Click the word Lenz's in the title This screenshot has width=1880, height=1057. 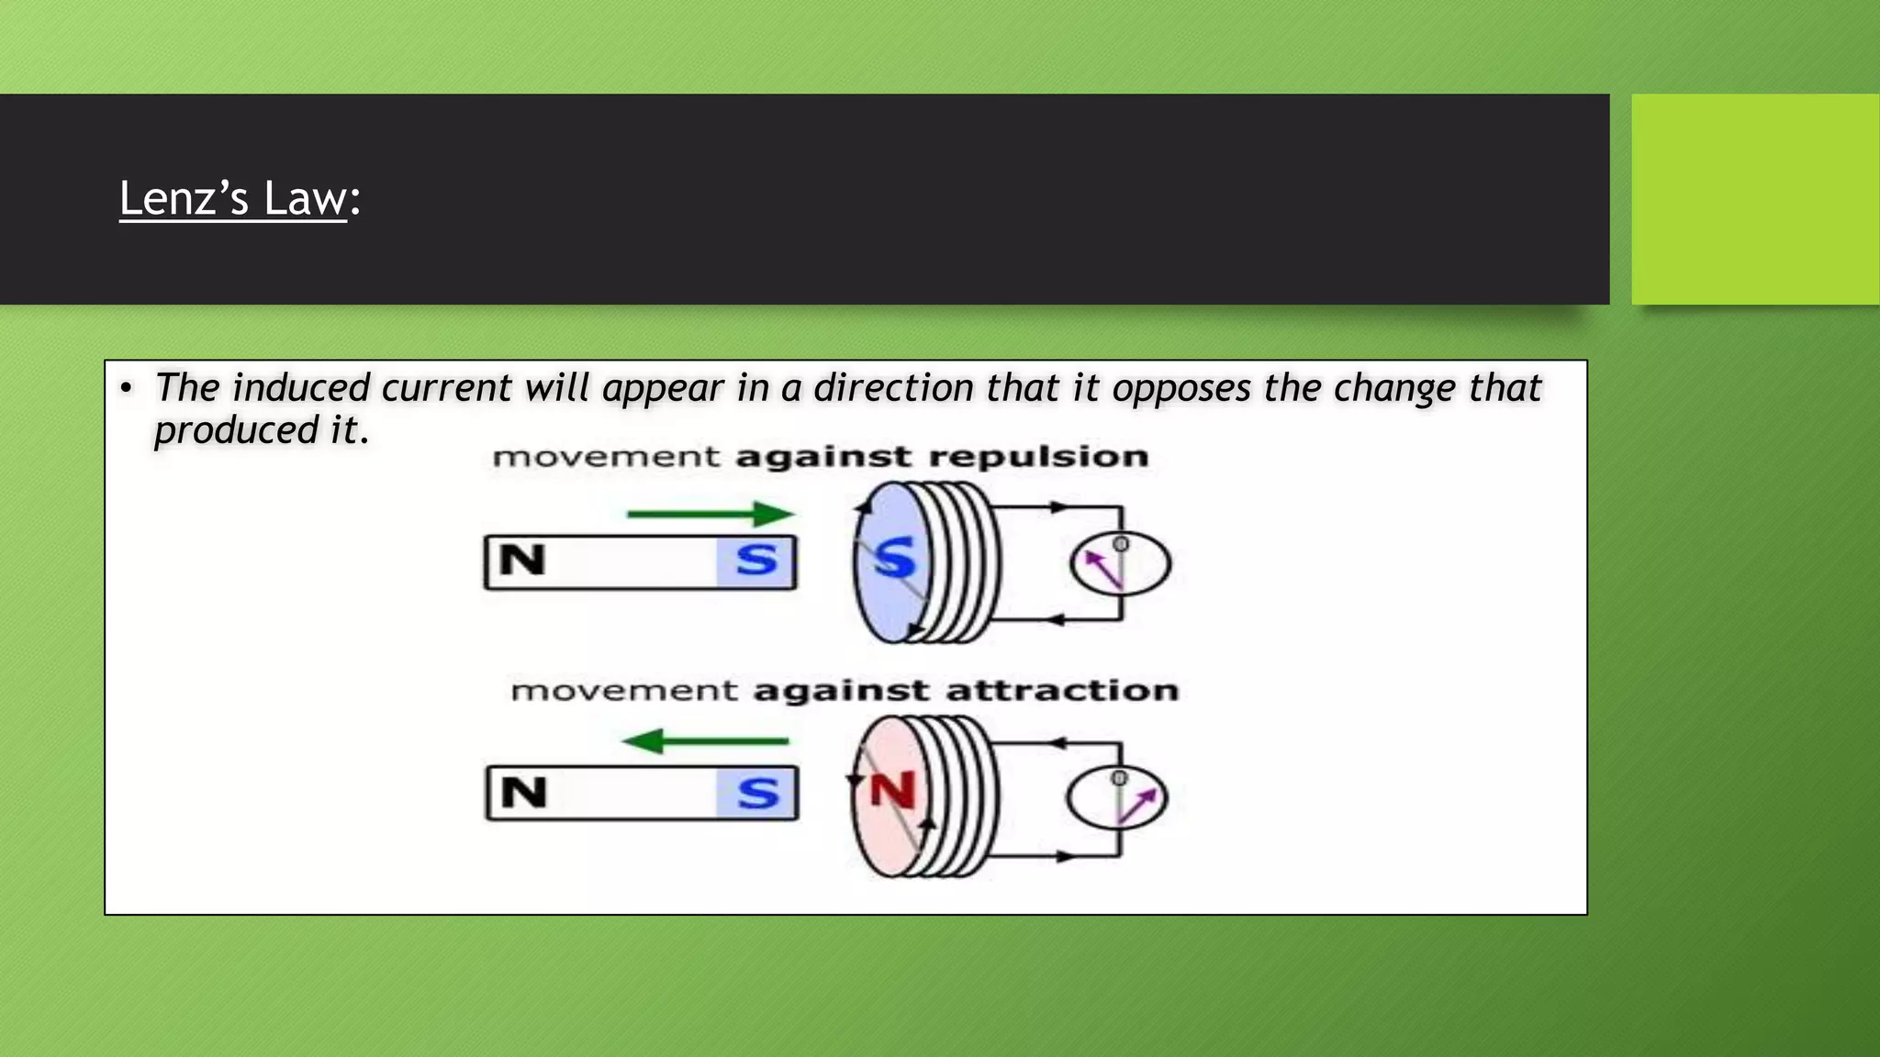pyautogui.click(x=184, y=198)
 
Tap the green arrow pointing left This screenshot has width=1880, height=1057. pyautogui.click(x=705, y=740)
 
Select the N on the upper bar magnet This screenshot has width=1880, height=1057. pyautogui.click(x=522, y=561)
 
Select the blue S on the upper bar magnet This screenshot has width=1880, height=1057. pyautogui.click(x=756, y=561)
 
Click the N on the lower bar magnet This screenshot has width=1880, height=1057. pyautogui.click(x=523, y=793)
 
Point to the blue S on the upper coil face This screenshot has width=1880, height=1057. pyautogui.click(x=893, y=558)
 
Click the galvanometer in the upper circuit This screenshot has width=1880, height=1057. pyautogui.click(x=1120, y=563)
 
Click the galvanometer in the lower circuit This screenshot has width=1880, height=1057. pyautogui.click(x=1117, y=796)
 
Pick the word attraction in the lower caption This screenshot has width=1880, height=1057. pyautogui.click(x=1062, y=690)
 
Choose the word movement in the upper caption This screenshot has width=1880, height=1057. pyautogui.click(x=606, y=457)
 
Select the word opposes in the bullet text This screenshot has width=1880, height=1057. pyautogui.click(x=1181, y=388)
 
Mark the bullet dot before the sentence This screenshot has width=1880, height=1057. pyautogui.click(x=127, y=388)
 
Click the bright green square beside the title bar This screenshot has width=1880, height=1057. pyautogui.click(x=1755, y=198)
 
